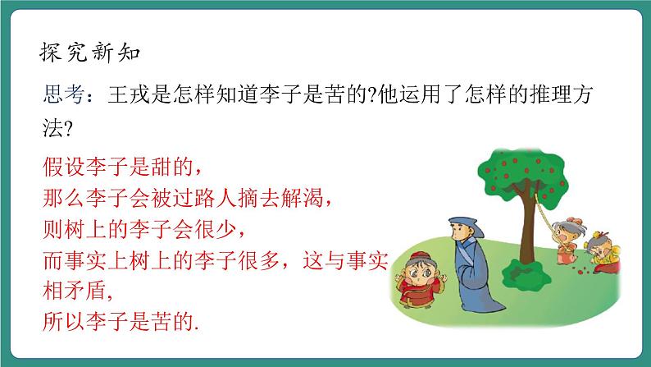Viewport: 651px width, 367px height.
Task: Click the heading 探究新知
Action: click(91, 53)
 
